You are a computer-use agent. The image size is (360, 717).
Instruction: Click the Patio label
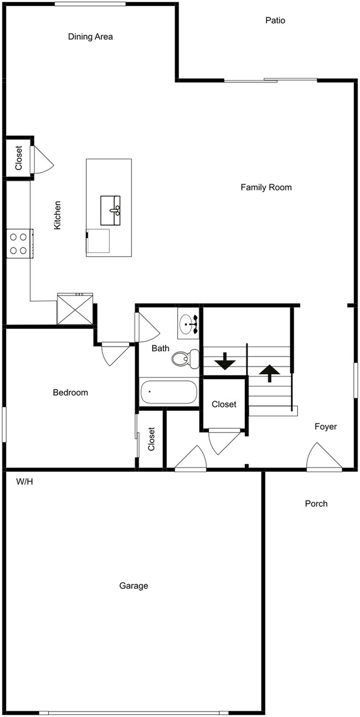pos(275,20)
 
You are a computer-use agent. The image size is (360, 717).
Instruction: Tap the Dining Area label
pos(90,37)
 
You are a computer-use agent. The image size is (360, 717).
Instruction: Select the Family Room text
pos(266,187)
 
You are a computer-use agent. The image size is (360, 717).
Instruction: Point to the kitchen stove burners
pos(18,244)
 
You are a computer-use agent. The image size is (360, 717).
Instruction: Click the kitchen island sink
pos(111,210)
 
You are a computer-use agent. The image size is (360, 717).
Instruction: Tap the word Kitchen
pos(57,215)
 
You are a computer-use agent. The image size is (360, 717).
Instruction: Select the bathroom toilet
pos(185,358)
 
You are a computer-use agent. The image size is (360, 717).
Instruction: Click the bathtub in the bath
pos(168,392)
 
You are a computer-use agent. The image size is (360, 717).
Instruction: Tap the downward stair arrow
pos(225,361)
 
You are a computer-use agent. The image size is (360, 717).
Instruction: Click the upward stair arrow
pos(269,373)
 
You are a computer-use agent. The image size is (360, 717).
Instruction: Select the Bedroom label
pos(70,393)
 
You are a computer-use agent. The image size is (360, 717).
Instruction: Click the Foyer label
pos(326,427)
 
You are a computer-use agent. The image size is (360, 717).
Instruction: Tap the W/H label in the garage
pos(25,482)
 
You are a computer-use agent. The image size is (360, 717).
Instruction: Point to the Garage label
pos(133,586)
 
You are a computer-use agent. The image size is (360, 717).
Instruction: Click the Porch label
pos(316,504)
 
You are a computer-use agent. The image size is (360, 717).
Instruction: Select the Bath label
pos(161,348)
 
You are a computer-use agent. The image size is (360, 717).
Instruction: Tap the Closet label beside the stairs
pos(224,404)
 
